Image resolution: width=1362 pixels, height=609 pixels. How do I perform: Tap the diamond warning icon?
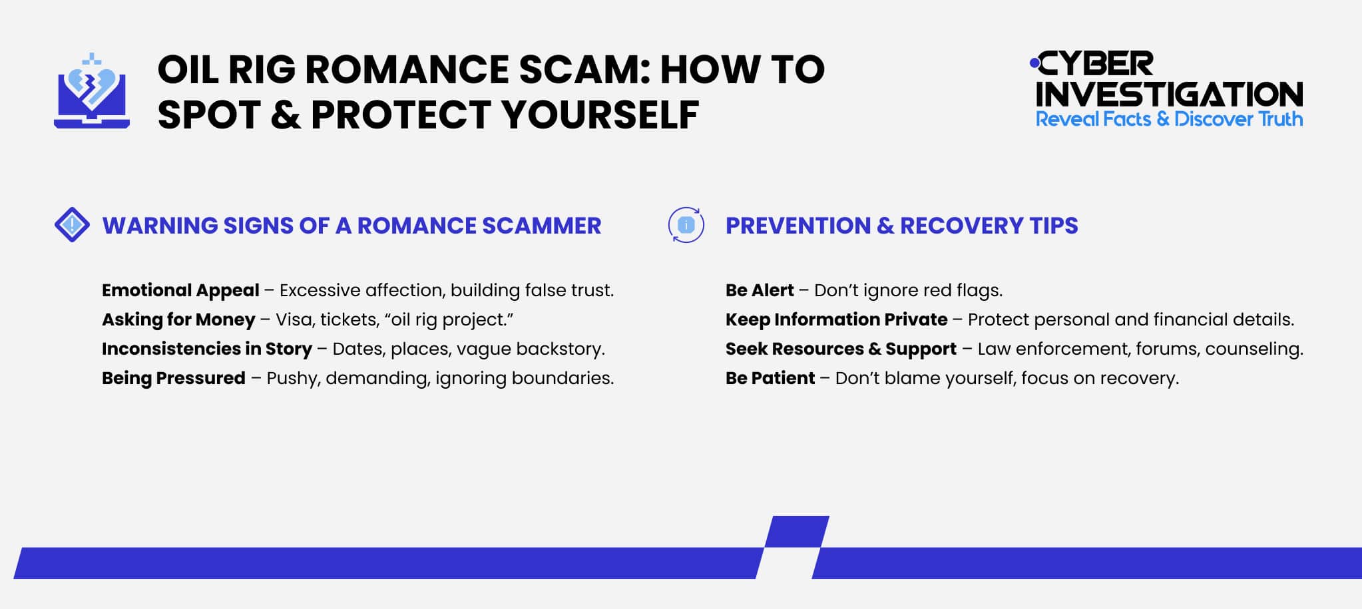(72, 225)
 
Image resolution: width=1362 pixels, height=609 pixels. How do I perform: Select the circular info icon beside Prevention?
(686, 225)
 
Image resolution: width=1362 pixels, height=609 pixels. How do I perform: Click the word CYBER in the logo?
(1096, 65)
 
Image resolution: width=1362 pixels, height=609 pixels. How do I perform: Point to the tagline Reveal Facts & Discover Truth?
(1169, 119)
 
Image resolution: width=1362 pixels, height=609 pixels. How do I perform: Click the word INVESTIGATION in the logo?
(1169, 94)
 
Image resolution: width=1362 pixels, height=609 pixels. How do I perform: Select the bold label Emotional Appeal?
(180, 290)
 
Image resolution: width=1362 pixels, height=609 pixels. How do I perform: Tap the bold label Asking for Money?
(178, 319)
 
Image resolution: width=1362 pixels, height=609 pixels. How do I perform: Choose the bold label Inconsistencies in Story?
(206, 349)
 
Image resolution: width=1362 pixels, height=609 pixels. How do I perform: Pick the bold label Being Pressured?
(174, 378)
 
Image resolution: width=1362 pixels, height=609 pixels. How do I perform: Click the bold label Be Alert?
(760, 290)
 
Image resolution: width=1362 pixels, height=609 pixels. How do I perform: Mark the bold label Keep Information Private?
(836, 319)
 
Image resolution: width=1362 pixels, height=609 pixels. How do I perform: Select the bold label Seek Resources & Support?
(841, 349)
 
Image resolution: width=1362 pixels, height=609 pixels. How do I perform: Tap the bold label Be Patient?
(770, 378)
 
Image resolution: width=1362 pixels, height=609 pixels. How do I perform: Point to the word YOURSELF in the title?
(600, 114)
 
